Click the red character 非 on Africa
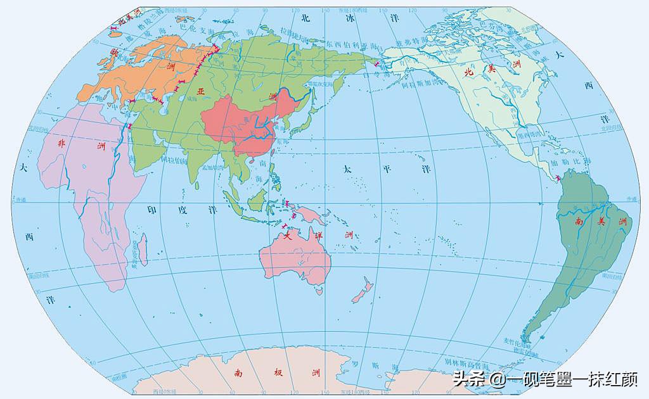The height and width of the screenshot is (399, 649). (62, 144)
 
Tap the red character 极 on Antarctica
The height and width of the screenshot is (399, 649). (276, 373)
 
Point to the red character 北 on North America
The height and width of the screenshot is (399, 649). (469, 72)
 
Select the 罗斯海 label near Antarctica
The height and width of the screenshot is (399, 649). (374, 366)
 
